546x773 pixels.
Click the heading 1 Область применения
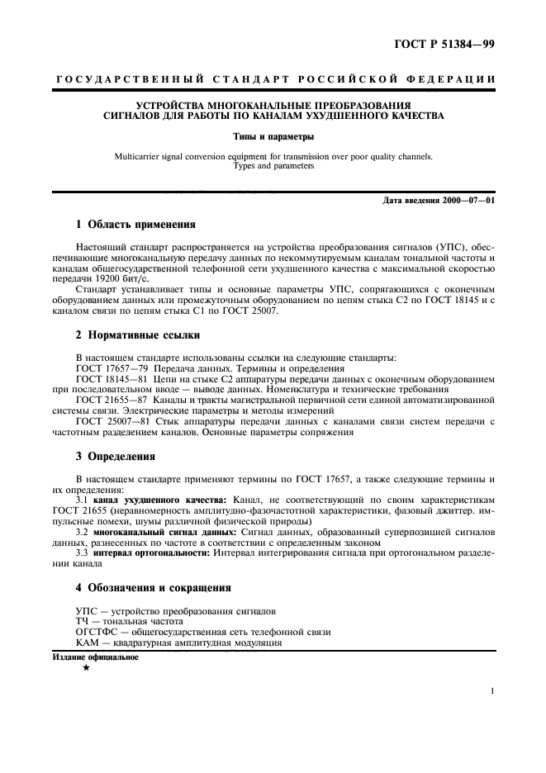(135, 224)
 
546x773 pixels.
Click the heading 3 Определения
(115, 456)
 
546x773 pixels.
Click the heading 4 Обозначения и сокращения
(154, 588)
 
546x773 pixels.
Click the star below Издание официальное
(86, 667)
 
